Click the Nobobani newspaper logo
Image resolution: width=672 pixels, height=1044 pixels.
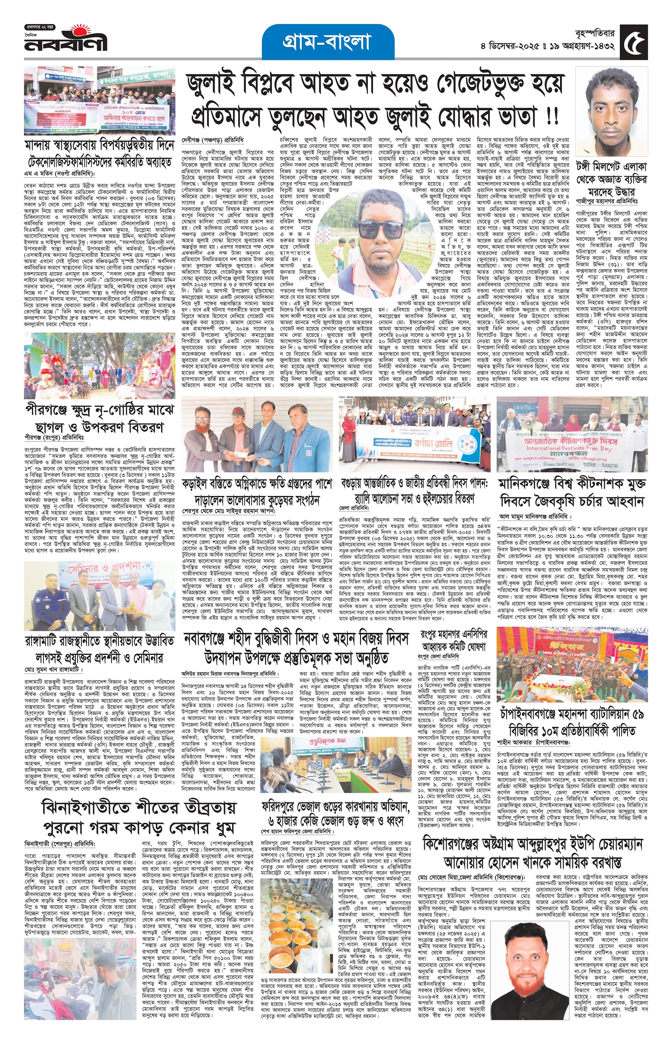[65, 40]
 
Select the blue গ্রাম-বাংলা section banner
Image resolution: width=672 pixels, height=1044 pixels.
[327, 42]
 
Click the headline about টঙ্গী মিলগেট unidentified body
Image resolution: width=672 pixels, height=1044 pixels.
[612, 179]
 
